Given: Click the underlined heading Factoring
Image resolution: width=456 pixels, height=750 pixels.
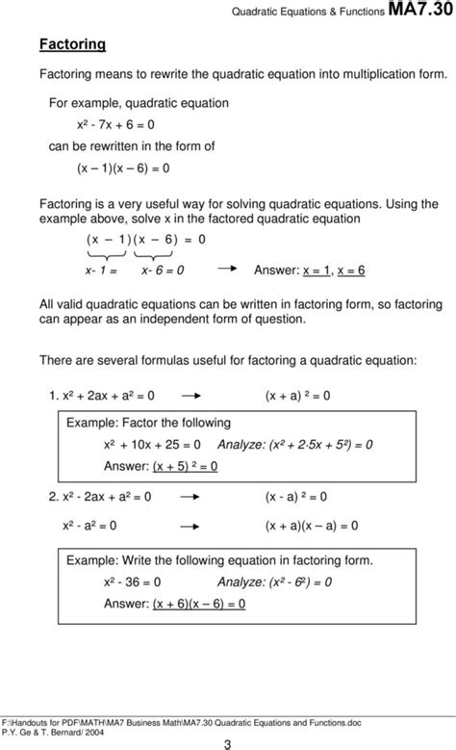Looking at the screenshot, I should [72, 44].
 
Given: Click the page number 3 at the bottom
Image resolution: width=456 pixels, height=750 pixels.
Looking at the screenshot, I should [228, 742].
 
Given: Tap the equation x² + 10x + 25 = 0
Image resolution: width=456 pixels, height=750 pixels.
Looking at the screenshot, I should [152, 445].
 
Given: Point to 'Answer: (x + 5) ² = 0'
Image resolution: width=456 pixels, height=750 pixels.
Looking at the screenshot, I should [161, 466].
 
